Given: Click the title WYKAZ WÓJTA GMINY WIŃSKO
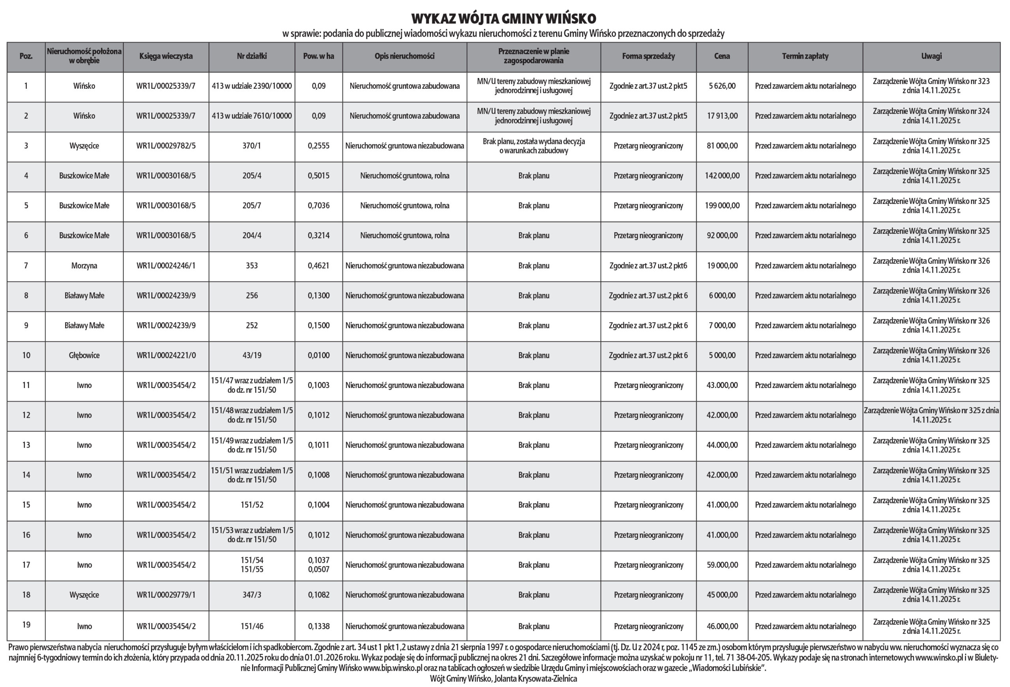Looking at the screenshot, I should coord(504,19).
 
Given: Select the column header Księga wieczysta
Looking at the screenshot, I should coord(166,56).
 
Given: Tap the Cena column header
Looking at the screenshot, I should coord(722,56).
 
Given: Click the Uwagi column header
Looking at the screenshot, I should coord(931,56).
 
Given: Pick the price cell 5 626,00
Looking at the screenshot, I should coord(722,86).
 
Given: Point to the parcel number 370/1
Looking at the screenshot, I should coord(252,146).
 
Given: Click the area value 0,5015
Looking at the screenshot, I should coord(318,176).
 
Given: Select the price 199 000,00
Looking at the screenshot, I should coord(722,205).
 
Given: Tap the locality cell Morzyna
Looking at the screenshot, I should coord(84,265).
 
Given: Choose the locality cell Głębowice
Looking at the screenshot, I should coord(84,355).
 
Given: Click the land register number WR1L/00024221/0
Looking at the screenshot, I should coord(166,355).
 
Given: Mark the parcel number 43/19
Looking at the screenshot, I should coord(252,355).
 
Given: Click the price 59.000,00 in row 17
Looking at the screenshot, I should coord(722,565).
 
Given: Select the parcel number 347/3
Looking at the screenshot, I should coord(252,595).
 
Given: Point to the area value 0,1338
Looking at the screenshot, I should coord(318,626).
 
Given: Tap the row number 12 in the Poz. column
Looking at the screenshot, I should coord(26,415).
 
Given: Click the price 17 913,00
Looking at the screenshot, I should coord(722,116).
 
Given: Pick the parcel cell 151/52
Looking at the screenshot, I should coord(252,505).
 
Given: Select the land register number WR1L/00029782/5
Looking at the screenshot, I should coord(166,146).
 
